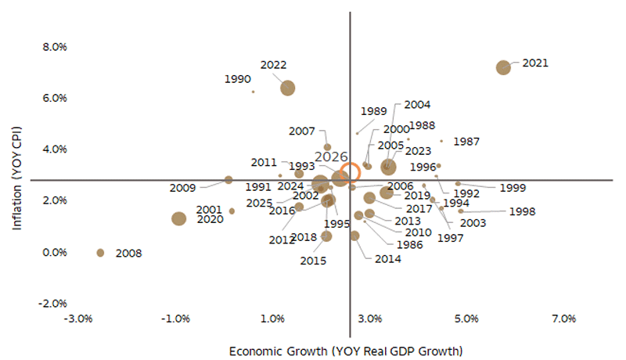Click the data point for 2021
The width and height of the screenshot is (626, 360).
click(503, 67)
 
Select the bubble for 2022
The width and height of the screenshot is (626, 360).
click(288, 88)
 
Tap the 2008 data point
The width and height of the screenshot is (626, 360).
click(100, 253)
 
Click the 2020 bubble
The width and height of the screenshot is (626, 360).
click(178, 219)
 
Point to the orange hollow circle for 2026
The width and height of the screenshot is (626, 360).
click(351, 173)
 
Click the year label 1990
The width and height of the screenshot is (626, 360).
click(237, 79)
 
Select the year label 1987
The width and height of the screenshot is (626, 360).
click(466, 142)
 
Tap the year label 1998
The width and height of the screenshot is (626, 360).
click(522, 211)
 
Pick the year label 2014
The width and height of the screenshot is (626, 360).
click(387, 259)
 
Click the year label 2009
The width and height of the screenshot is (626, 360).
click(182, 188)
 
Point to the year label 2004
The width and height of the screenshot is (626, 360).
click(418, 105)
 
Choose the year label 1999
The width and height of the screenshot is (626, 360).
click(512, 188)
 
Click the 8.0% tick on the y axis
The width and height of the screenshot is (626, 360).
click(55, 47)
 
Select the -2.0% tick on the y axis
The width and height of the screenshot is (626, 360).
click(53, 304)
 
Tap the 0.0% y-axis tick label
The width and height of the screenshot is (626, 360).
click(55, 252)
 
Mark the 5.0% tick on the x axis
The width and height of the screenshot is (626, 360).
click(466, 319)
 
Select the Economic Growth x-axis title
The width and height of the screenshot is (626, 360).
click(346, 350)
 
